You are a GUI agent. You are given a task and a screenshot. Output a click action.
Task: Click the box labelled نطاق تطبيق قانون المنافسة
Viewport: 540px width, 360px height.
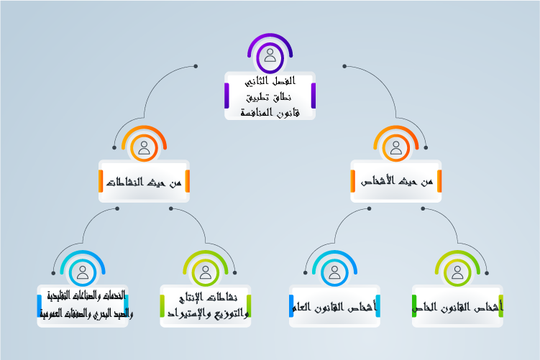coord(270,96)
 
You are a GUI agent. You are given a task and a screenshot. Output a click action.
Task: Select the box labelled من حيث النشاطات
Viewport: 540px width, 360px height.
coord(144,181)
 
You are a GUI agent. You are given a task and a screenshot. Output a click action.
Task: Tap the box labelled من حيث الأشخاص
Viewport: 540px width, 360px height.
coord(396,181)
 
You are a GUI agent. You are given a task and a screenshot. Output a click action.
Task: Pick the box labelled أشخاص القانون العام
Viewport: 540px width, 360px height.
coord(334,307)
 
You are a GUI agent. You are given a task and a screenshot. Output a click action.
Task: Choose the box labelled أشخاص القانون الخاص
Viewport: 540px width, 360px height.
coord(457,307)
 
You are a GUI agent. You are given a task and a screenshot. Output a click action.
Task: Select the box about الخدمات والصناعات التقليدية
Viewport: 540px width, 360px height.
coord(83,305)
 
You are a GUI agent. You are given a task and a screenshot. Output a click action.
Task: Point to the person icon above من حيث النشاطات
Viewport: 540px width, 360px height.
coord(144,148)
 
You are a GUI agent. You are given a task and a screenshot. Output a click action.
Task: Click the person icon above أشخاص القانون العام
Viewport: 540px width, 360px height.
coord(334,272)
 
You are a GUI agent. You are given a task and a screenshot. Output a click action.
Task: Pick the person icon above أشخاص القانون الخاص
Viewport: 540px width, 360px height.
coord(457,272)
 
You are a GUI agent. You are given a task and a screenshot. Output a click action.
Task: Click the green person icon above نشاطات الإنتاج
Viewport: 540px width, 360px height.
coord(206,272)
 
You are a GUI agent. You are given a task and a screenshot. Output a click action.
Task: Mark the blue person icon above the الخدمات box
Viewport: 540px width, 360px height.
coord(83,272)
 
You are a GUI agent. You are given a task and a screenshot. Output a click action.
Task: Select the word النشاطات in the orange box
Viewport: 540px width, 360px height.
coord(127,182)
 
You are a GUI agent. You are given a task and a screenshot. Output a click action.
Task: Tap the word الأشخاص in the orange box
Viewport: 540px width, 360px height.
coord(379,182)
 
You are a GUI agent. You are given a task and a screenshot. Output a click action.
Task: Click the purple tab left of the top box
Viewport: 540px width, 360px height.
coord(226,96)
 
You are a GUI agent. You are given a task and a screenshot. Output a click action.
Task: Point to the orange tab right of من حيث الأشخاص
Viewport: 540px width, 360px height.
coord(439,181)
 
